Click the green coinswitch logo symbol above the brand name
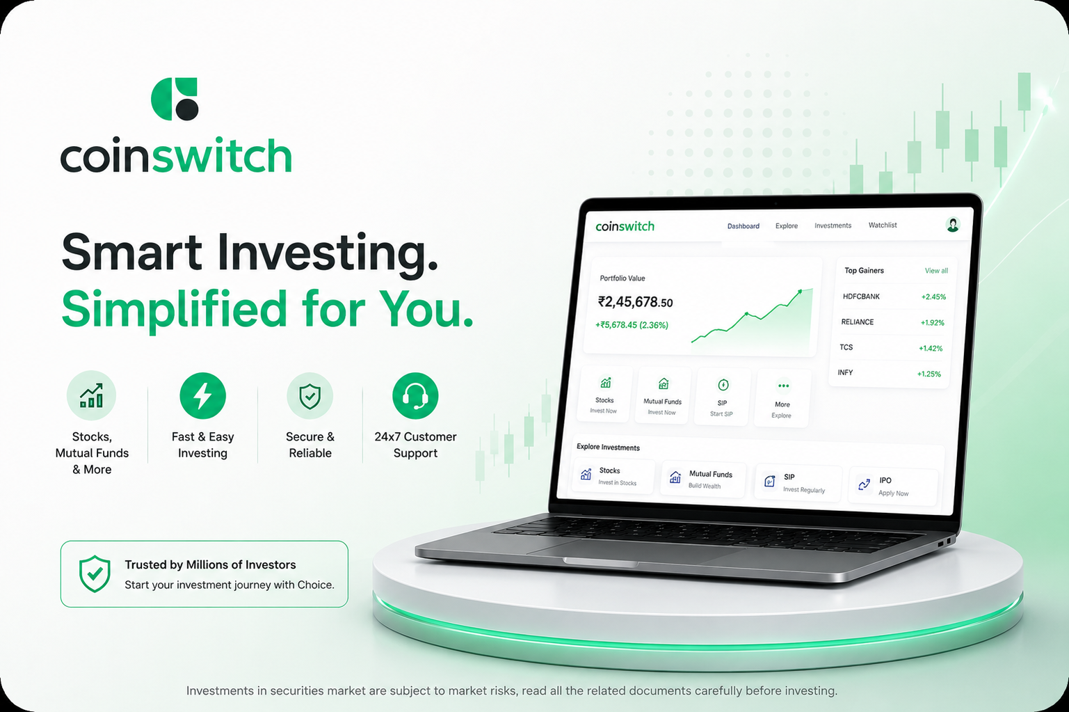pyautogui.click(x=174, y=99)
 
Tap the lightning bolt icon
pyautogui.click(x=203, y=396)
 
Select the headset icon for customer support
pyautogui.click(x=415, y=396)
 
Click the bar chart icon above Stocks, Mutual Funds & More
pyautogui.click(x=91, y=395)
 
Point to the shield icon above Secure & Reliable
pyautogui.click(x=310, y=396)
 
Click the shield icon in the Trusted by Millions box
pyautogui.click(x=95, y=573)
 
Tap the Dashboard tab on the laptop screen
pyautogui.click(x=743, y=226)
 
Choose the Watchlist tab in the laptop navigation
pyautogui.click(x=883, y=225)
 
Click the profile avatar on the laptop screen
pyautogui.click(x=953, y=224)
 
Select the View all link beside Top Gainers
pyautogui.click(x=936, y=271)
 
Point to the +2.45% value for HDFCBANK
pyautogui.click(x=933, y=296)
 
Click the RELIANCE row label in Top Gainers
pyautogui.click(x=857, y=322)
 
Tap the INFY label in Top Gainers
pyautogui.click(x=845, y=372)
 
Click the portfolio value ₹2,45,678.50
pyautogui.click(x=635, y=302)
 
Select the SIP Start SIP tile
pyautogui.click(x=722, y=396)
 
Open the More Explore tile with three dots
pyautogui.click(x=782, y=398)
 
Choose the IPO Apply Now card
pyautogui.click(x=893, y=486)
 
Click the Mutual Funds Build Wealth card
pyautogui.click(x=702, y=479)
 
